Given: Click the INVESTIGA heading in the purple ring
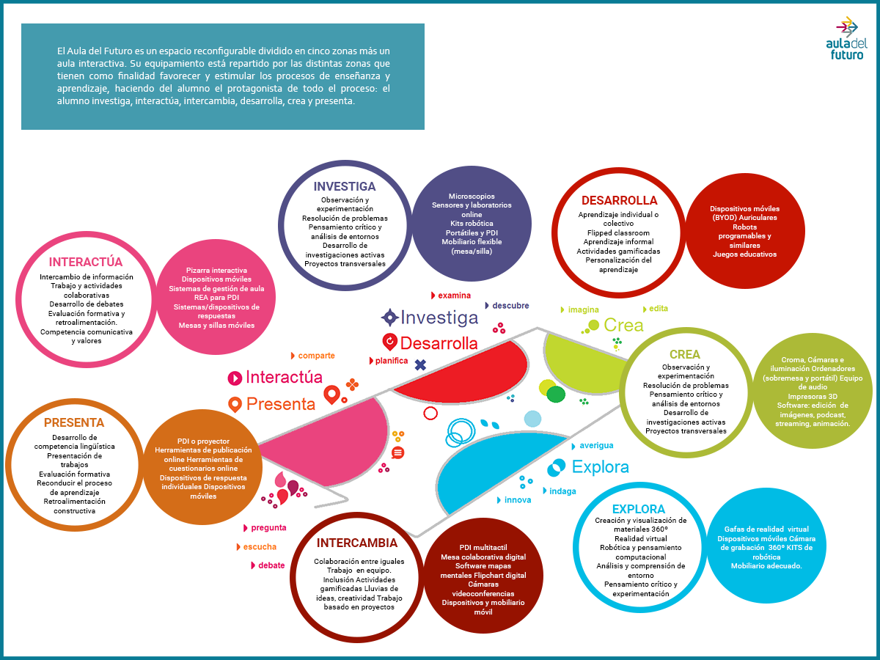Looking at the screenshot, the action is [345, 186].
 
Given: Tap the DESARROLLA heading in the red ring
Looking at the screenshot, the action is [620, 200].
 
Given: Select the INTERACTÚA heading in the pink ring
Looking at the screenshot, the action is [85, 261].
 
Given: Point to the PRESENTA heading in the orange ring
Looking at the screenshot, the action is [74, 422].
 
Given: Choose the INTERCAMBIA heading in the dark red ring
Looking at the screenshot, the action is [357, 543].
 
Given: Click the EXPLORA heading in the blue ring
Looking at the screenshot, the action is [638, 509].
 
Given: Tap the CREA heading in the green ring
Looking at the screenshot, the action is [685, 354].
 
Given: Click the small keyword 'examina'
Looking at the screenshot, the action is [454, 296].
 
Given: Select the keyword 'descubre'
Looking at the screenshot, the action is [510, 305].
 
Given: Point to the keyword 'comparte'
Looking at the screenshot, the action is [316, 356].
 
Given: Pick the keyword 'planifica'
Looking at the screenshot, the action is [392, 361].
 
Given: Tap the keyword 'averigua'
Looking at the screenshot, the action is [596, 446].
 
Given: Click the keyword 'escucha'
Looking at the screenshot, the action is [260, 546].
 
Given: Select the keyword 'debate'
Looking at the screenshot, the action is [271, 565].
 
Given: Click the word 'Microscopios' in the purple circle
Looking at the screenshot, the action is [472, 197].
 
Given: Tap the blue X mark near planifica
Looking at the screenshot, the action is [420, 364].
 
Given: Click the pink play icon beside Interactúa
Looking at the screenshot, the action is [235, 378].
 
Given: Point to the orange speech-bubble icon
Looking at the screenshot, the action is [397, 452].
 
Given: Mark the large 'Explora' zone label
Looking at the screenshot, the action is [600, 467].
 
